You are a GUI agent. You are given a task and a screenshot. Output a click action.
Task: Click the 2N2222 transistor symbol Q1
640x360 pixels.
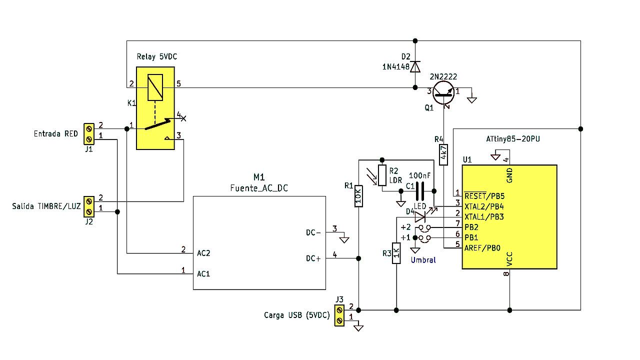click(443, 93)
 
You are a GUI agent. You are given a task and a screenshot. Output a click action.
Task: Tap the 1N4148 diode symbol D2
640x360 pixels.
click(415, 66)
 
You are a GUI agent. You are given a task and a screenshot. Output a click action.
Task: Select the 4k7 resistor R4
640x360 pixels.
click(443, 154)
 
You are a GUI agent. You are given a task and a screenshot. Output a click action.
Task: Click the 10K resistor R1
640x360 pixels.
click(358, 196)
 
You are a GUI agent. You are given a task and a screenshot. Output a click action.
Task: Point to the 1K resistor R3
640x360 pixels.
click(396, 253)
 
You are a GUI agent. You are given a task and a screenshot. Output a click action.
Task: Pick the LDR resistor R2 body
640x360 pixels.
click(382, 175)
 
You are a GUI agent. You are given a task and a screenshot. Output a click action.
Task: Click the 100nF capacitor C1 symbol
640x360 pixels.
click(419, 191)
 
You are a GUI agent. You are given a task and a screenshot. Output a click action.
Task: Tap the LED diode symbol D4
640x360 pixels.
click(420, 217)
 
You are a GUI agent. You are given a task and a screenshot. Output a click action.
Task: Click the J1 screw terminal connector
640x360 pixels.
click(89, 134)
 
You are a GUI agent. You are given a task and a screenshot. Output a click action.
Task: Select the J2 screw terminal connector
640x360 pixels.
click(89, 206)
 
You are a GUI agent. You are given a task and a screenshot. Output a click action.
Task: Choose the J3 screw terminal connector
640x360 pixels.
click(339, 315)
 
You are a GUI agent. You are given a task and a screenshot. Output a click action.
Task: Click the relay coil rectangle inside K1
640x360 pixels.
click(155, 87)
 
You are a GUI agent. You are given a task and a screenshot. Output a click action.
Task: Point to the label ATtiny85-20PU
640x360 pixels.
click(513, 139)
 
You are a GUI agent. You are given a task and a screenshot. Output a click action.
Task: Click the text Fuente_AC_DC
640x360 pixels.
click(259, 188)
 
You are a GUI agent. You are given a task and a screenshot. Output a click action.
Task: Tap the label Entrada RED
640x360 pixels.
click(55, 133)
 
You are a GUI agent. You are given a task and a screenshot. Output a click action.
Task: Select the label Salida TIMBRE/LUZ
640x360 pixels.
click(46, 206)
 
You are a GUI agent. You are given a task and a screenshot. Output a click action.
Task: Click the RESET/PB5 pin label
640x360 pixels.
click(484, 196)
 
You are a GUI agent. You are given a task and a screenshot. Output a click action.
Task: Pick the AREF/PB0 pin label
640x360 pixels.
click(482, 248)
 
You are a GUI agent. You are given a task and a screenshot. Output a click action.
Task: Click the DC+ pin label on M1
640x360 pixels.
click(313, 258)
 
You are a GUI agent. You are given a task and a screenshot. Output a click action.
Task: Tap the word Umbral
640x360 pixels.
click(423, 260)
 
